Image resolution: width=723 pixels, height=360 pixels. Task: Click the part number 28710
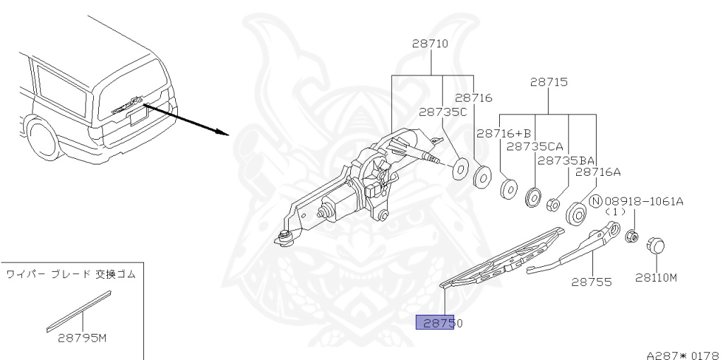point(430,44)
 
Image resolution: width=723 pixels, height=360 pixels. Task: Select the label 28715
point(549,82)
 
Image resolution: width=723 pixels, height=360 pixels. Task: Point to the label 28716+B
point(503,133)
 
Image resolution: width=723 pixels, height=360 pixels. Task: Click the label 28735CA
point(534,146)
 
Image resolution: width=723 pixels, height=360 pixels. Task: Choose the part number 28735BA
point(566,160)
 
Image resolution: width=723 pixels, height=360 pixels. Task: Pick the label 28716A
point(597,171)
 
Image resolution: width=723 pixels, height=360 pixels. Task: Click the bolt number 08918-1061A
point(643,201)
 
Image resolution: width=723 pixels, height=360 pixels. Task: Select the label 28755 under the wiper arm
point(591,282)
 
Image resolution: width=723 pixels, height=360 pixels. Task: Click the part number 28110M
point(655,277)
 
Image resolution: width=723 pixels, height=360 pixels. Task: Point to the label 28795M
point(81,337)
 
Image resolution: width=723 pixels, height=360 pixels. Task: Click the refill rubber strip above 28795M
point(78,310)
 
